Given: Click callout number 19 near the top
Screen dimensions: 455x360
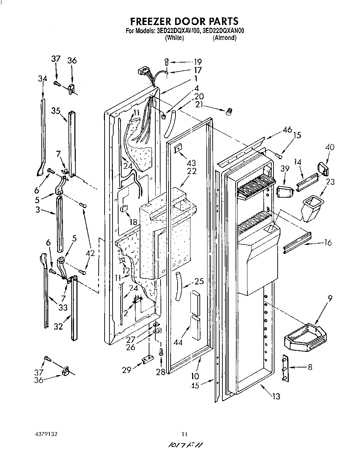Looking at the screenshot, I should click(197, 62).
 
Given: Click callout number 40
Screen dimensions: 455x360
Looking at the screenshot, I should click(330, 147).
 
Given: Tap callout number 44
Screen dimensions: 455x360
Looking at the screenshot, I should click(178, 342).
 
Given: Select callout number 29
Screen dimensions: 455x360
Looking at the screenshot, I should click(126, 370).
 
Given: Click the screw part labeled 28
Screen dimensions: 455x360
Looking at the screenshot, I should click(161, 352).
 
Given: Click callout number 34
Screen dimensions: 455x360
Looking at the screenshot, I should click(42, 79).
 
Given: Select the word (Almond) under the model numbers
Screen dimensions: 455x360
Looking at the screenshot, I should click(224, 38).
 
